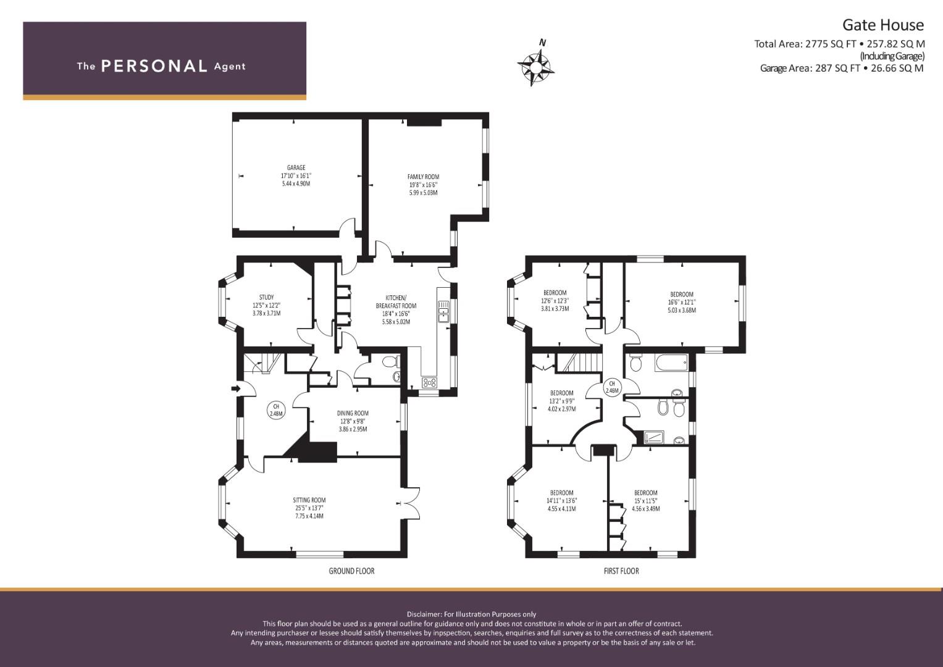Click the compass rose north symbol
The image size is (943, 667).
click(535, 65)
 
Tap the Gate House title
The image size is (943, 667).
click(883, 25)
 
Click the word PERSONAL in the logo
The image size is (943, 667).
click(154, 66)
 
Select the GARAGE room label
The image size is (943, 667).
click(296, 167)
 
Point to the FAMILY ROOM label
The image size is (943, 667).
click(423, 177)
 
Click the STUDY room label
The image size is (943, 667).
click(267, 297)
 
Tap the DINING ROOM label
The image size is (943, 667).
click(353, 414)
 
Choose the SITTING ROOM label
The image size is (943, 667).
click(309, 500)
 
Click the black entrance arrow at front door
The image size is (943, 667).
click(237, 388)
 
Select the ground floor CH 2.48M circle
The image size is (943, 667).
click(276, 409)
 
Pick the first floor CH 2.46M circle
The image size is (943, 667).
click(612, 387)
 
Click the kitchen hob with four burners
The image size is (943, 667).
click(430, 382)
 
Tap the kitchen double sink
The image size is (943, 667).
click(443, 310)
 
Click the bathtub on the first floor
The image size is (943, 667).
click(671, 363)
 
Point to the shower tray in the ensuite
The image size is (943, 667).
click(654, 437)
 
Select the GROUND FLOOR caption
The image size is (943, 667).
click(351, 571)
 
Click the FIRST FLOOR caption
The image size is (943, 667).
click(621, 571)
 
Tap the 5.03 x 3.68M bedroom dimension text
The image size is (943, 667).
click(682, 310)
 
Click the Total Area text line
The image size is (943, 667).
click(839, 44)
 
